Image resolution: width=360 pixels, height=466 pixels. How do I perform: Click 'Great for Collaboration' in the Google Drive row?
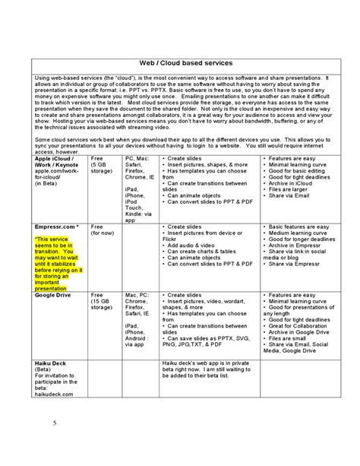coord(295,325)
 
